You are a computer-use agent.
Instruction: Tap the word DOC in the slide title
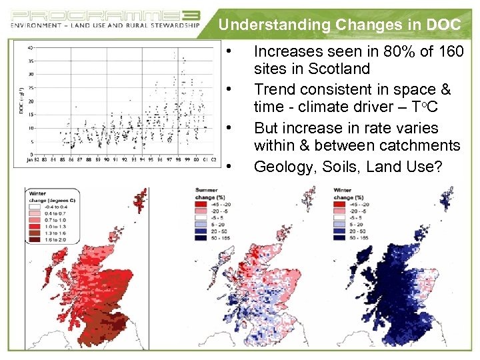click(x=443, y=25)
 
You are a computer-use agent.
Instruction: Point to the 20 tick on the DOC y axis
click(x=31, y=101)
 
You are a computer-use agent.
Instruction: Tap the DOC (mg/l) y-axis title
click(x=22, y=100)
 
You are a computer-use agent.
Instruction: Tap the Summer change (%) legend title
click(x=207, y=194)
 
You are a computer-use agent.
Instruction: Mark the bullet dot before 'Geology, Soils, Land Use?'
click(x=228, y=167)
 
